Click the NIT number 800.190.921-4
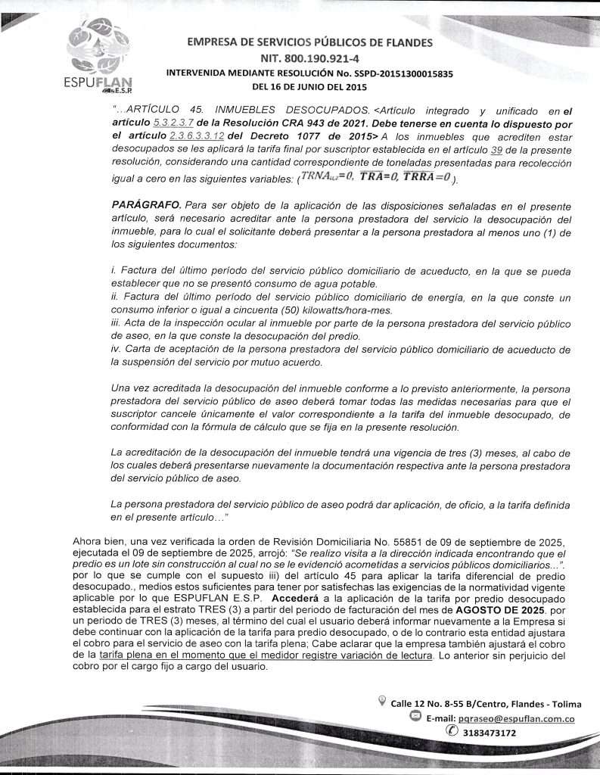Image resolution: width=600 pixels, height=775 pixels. (x=309, y=58)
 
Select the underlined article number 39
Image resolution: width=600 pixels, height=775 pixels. (x=497, y=149)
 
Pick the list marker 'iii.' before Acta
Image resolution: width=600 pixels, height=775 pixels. (x=117, y=323)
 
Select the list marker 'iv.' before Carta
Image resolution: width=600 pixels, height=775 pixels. (x=117, y=350)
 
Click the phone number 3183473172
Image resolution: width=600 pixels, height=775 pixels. (x=489, y=733)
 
